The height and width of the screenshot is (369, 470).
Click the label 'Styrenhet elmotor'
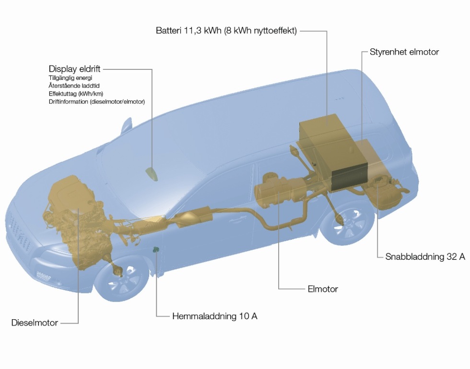coord(404,52)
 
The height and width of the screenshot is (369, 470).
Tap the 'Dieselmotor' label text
coord(35,323)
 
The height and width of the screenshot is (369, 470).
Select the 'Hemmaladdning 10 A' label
coord(214,316)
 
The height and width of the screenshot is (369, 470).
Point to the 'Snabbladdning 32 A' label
coord(425,257)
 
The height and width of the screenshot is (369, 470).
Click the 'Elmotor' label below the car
coord(323,289)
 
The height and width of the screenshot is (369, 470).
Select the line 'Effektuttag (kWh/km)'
coord(76,94)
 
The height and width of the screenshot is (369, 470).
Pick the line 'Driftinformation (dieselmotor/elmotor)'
coord(96,102)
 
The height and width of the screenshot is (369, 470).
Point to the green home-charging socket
coord(156,249)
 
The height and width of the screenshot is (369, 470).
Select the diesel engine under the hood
coord(77,211)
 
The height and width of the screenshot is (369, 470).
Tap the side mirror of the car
coord(126,126)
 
